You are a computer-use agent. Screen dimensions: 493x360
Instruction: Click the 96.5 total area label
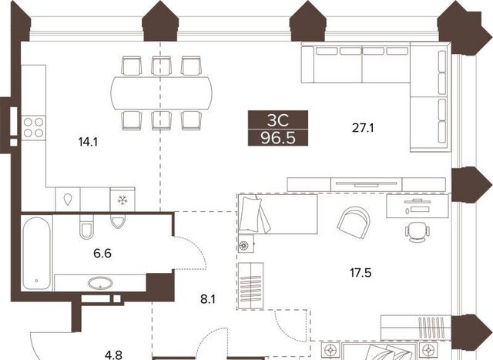[278, 138]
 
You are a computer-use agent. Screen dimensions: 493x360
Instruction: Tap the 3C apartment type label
[278, 120]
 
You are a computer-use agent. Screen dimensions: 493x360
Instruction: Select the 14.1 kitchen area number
[88, 143]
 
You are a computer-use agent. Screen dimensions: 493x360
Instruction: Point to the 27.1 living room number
[363, 128]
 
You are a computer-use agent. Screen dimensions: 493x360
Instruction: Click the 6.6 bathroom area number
[102, 253]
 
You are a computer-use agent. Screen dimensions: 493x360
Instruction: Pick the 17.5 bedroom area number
[361, 273]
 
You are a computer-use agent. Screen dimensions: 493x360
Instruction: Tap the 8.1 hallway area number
[208, 299]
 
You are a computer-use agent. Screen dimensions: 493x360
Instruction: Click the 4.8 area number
[113, 355]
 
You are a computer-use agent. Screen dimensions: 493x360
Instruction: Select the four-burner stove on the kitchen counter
[33, 127]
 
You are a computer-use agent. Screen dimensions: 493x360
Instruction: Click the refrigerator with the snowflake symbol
[122, 200]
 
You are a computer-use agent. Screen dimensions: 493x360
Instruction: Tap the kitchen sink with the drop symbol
[68, 200]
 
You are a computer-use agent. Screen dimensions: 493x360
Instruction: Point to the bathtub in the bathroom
[36, 253]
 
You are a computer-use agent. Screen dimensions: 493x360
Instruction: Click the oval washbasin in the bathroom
[100, 283]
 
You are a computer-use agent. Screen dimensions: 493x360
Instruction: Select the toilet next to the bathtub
[86, 227]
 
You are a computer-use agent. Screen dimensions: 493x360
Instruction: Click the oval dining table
[161, 93]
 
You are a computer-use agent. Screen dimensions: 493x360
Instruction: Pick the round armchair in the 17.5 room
[354, 220]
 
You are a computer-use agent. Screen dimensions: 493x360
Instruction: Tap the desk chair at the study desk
[418, 232]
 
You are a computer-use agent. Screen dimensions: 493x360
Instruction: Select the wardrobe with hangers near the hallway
[250, 286]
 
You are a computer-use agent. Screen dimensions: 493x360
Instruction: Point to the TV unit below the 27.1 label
[367, 184]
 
